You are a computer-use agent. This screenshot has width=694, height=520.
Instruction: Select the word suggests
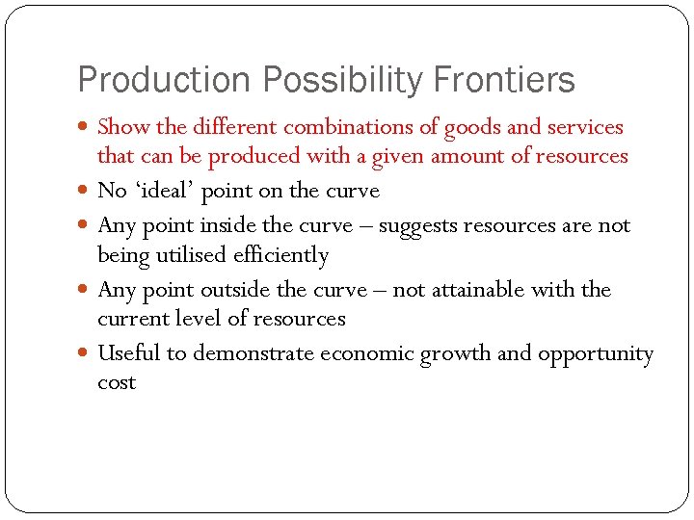click(x=418, y=226)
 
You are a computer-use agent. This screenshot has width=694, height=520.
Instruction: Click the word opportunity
click(x=595, y=354)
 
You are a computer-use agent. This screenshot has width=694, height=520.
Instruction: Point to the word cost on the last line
click(x=117, y=383)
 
